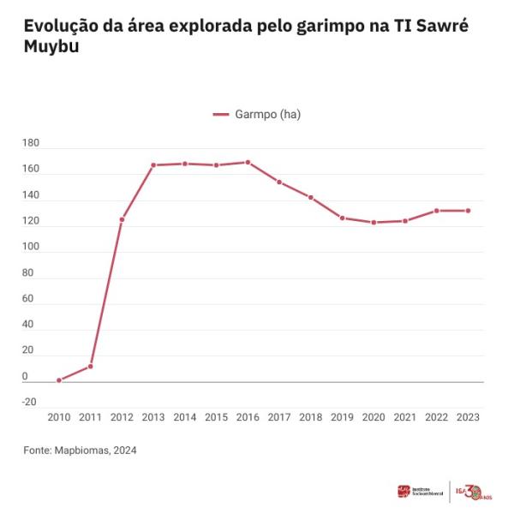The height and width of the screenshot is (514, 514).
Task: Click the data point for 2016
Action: point(248,162)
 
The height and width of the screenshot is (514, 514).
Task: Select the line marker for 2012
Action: point(122,219)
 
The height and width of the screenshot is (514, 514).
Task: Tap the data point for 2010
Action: point(59,380)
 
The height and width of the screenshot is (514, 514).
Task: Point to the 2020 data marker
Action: point(374,222)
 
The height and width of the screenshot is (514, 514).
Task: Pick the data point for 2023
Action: point(468,211)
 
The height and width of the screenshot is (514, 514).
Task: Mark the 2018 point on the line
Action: point(310,197)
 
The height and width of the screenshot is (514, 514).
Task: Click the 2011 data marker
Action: point(90,367)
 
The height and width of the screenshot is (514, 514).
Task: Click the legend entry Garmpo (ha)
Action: point(257,114)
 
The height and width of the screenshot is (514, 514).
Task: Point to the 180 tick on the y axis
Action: point(31,143)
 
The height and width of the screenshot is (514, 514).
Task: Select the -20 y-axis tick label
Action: point(31,402)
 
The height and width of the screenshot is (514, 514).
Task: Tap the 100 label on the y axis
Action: point(31,247)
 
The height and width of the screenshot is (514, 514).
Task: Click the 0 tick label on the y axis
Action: point(25,376)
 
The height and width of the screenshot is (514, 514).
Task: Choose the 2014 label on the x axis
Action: point(184,417)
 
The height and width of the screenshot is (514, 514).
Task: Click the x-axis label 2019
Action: point(342,417)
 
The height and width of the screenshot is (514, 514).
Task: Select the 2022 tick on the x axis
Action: point(436,417)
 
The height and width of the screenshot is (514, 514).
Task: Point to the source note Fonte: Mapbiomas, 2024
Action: point(80,450)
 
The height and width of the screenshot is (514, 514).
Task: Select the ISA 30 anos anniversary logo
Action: point(474,491)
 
